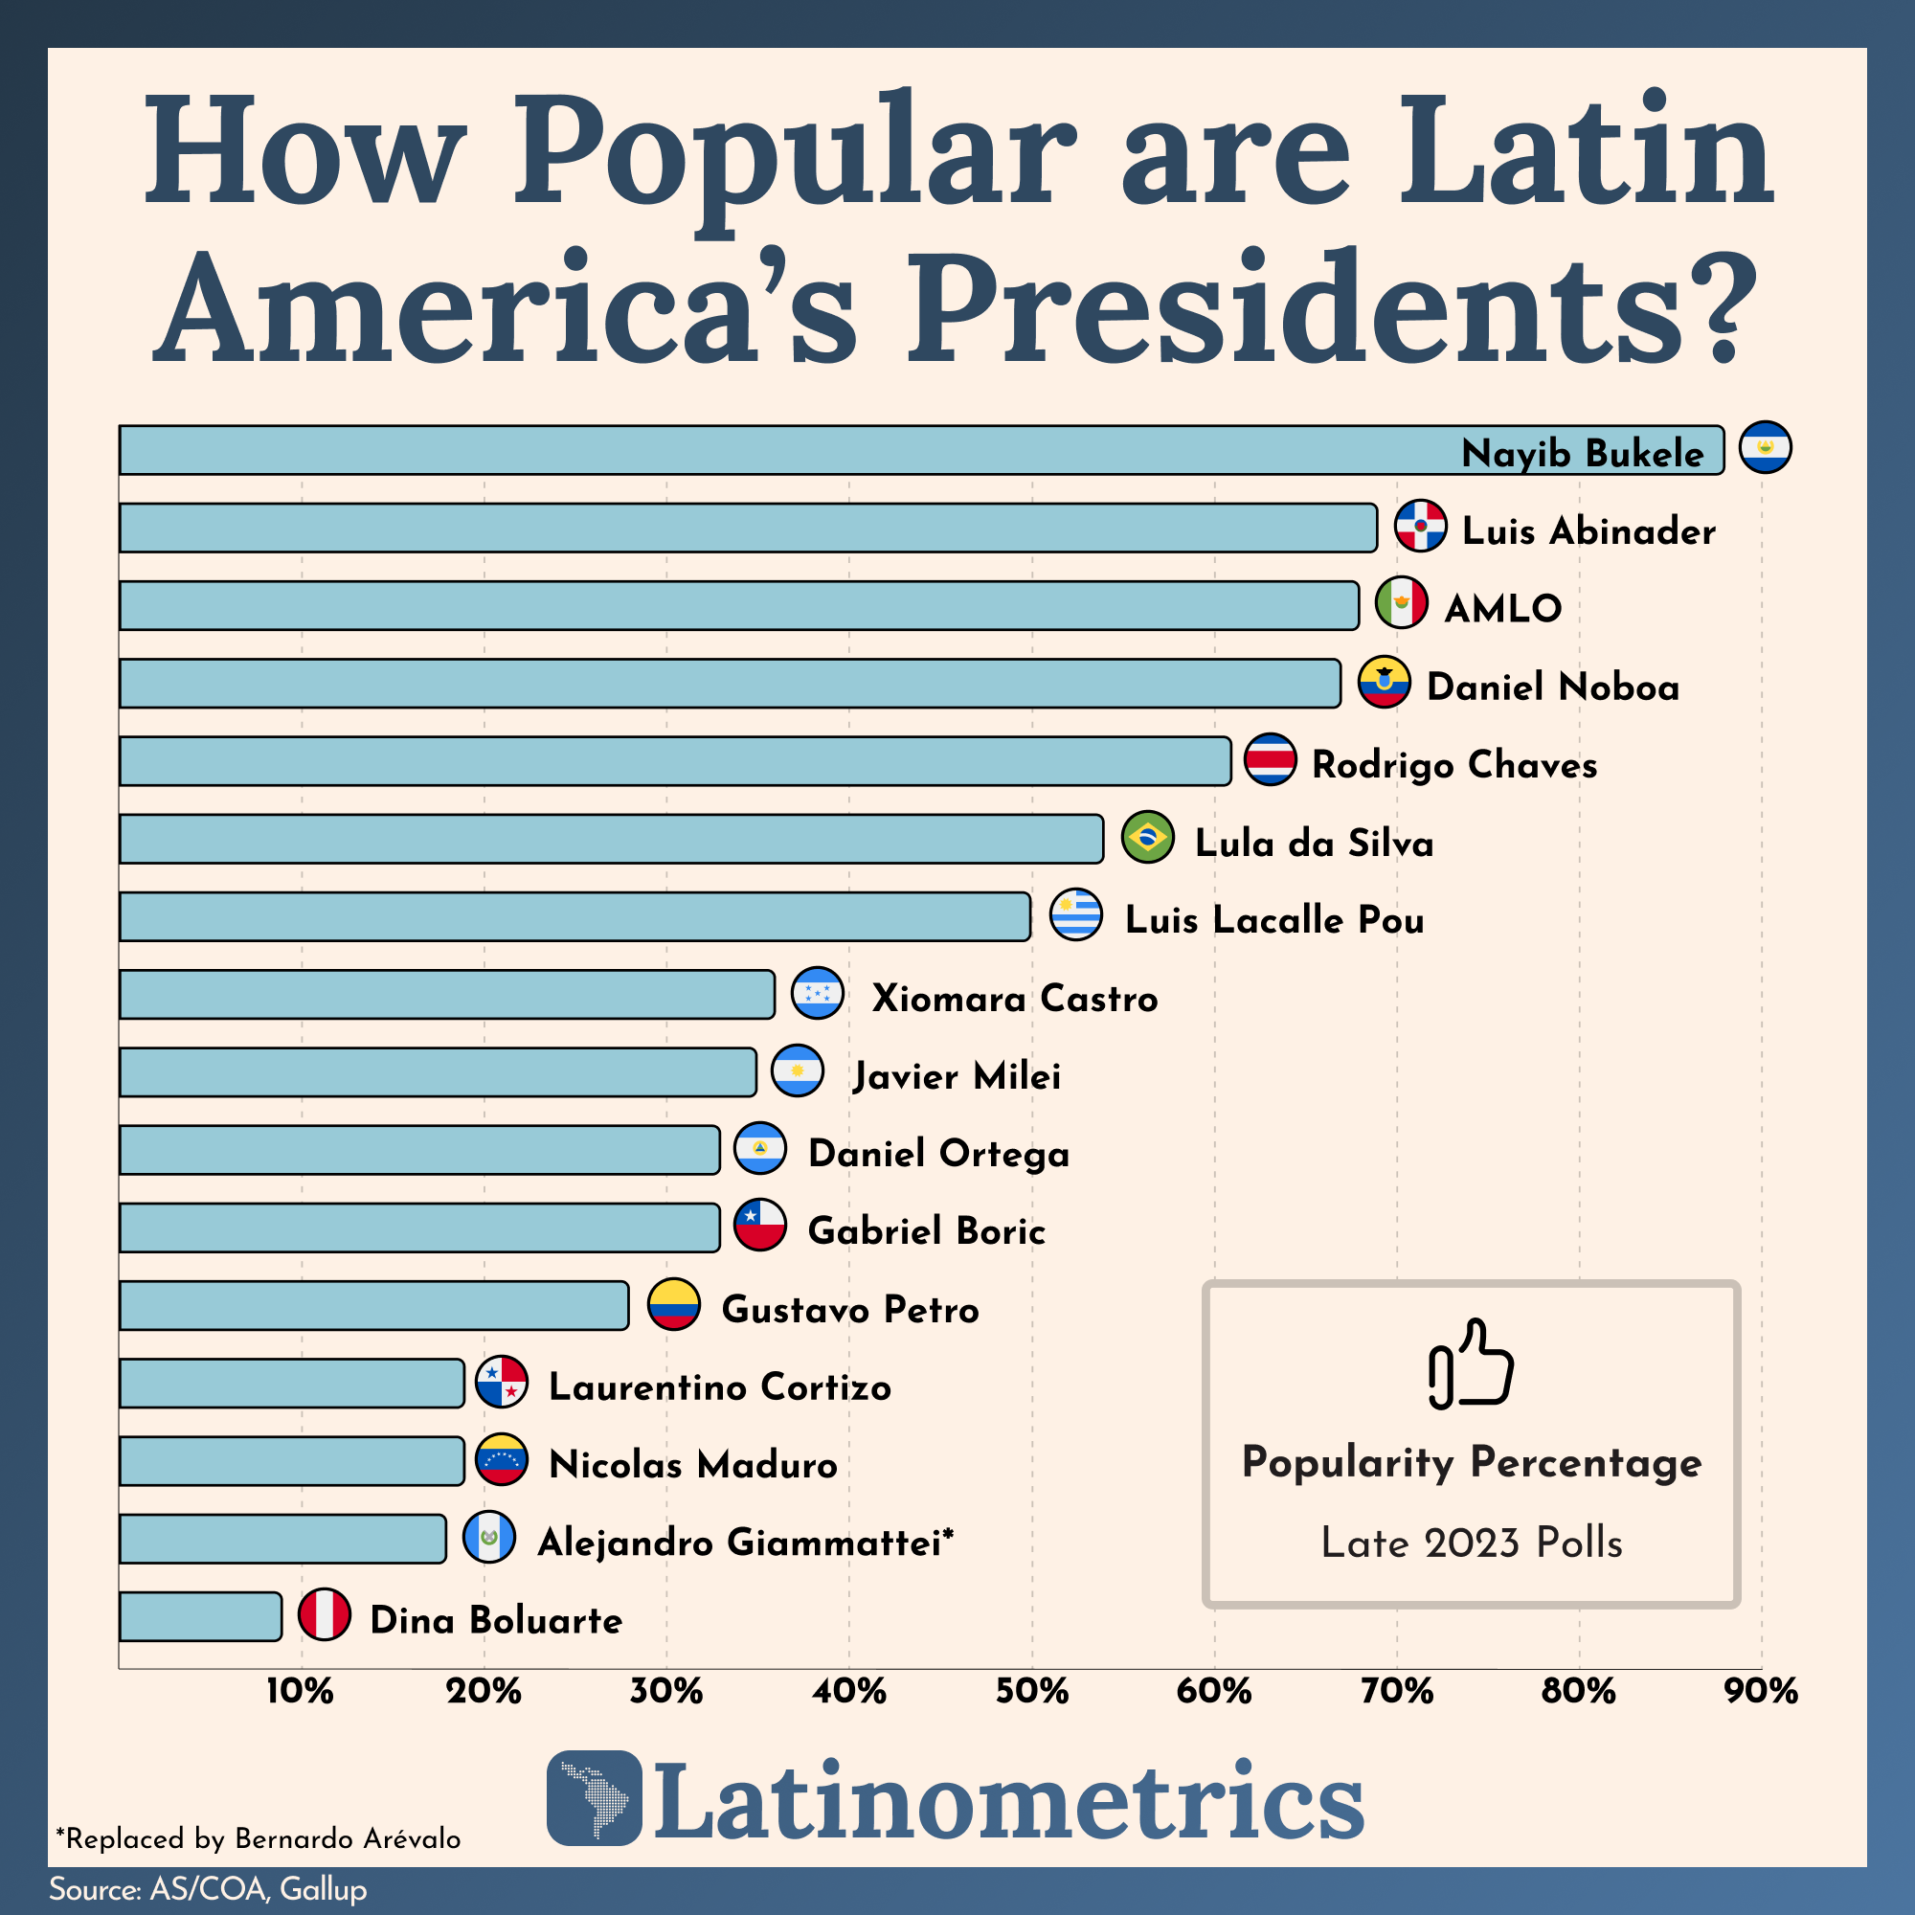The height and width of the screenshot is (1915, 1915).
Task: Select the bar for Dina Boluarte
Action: (x=200, y=1616)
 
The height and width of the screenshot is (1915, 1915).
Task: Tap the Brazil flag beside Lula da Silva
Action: (x=1148, y=838)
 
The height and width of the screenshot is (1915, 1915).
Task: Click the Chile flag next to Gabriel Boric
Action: (x=760, y=1226)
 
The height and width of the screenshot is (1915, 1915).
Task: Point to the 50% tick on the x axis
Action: (x=1032, y=1691)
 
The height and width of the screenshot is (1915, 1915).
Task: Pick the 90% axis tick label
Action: (x=1762, y=1691)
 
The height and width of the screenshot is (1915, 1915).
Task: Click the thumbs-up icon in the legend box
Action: (x=1471, y=1364)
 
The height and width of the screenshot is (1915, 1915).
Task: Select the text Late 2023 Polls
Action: (x=1471, y=1543)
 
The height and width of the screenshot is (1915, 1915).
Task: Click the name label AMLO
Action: (x=1502, y=609)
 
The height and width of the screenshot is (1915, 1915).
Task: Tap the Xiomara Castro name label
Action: (x=1014, y=998)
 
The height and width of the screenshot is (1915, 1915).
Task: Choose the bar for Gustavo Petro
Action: (x=373, y=1305)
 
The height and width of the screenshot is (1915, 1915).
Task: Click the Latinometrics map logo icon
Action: (x=594, y=1798)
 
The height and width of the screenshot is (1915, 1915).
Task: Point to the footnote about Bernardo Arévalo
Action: (x=258, y=1838)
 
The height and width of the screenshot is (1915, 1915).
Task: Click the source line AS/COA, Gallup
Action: (x=208, y=1889)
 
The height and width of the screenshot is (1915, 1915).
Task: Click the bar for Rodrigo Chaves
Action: (x=674, y=761)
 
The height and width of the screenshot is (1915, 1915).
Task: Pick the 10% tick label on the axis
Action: (x=301, y=1691)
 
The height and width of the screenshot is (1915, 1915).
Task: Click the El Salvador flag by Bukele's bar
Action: (x=1766, y=447)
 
